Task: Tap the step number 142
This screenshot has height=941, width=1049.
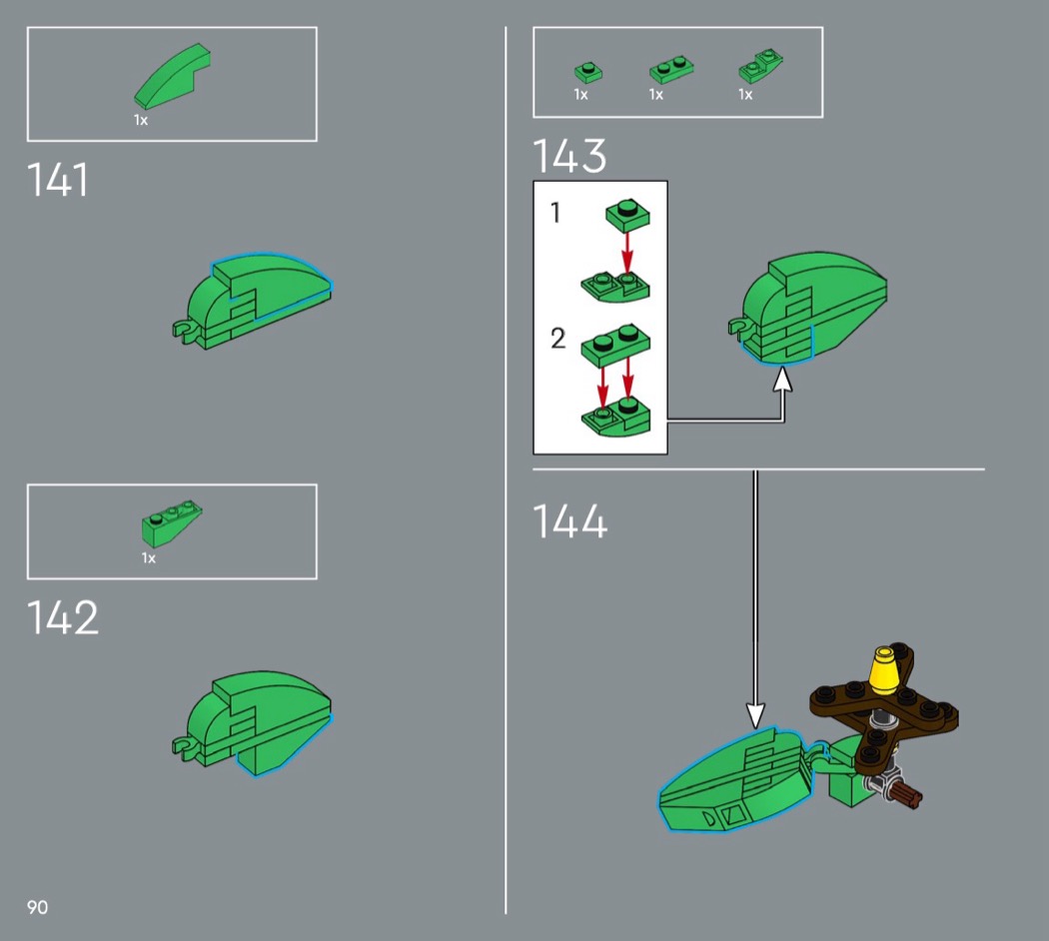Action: [x=62, y=617]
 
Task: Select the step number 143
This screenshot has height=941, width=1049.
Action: [x=569, y=156]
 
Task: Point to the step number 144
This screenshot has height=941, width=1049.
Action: [x=570, y=521]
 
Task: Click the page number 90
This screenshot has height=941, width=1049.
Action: [x=38, y=907]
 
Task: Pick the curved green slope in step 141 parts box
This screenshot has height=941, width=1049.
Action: [x=173, y=76]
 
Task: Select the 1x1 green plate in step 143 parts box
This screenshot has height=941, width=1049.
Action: [x=588, y=72]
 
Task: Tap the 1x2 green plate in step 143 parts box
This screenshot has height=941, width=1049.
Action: [x=671, y=69]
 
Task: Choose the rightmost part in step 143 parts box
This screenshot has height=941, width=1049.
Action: [x=760, y=66]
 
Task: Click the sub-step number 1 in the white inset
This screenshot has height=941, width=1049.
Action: [x=555, y=213]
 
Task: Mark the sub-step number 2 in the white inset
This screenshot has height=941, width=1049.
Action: [x=557, y=339]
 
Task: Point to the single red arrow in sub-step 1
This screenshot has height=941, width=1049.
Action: [x=626, y=253]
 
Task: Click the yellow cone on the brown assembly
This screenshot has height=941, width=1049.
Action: [x=884, y=671]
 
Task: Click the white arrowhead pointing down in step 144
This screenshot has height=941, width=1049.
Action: [x=755, y=715]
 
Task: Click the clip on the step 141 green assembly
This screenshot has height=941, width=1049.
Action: [x=185, y=331]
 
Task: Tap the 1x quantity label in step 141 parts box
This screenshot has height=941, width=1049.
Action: [x=141, y=121]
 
